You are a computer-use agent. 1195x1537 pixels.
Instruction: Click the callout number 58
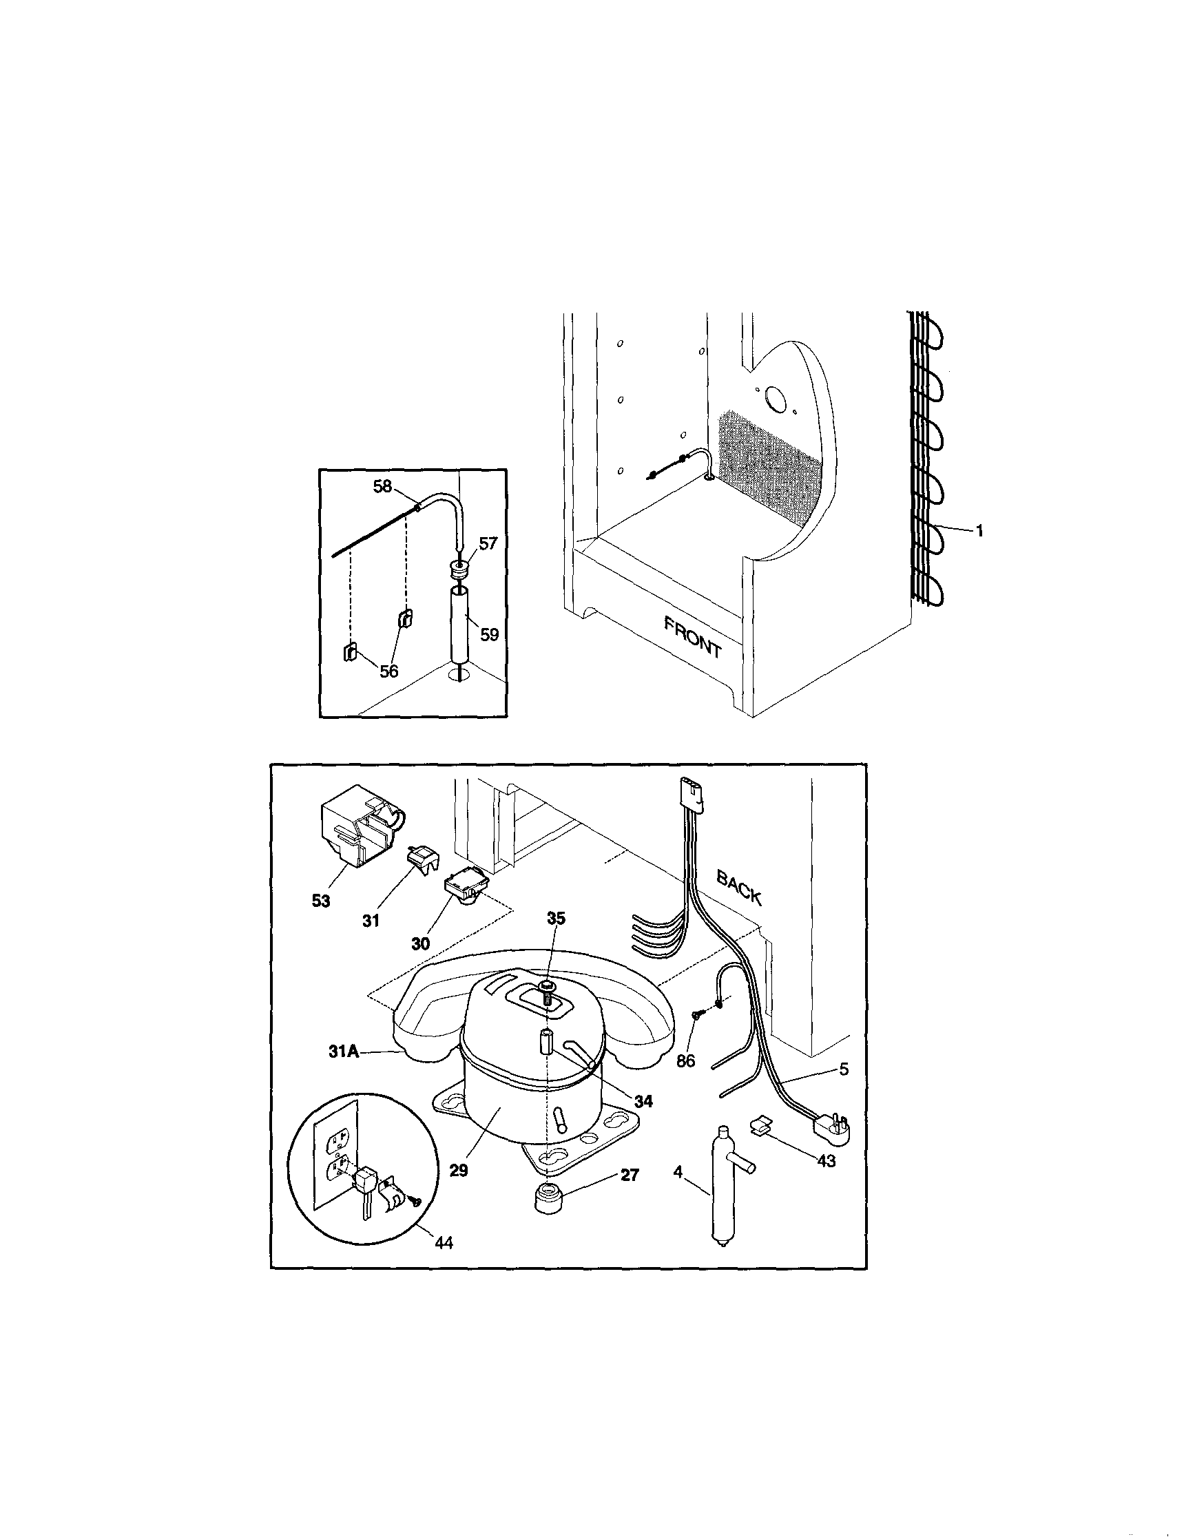382,485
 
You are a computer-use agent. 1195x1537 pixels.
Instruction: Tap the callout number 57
488,543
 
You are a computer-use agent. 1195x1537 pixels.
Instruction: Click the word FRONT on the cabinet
692,636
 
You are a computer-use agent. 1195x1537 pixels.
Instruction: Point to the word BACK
738,886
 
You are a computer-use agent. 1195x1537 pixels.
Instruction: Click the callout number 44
443,1262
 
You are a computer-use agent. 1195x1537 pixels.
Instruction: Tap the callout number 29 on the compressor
458,1170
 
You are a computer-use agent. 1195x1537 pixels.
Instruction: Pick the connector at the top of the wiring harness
692,794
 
